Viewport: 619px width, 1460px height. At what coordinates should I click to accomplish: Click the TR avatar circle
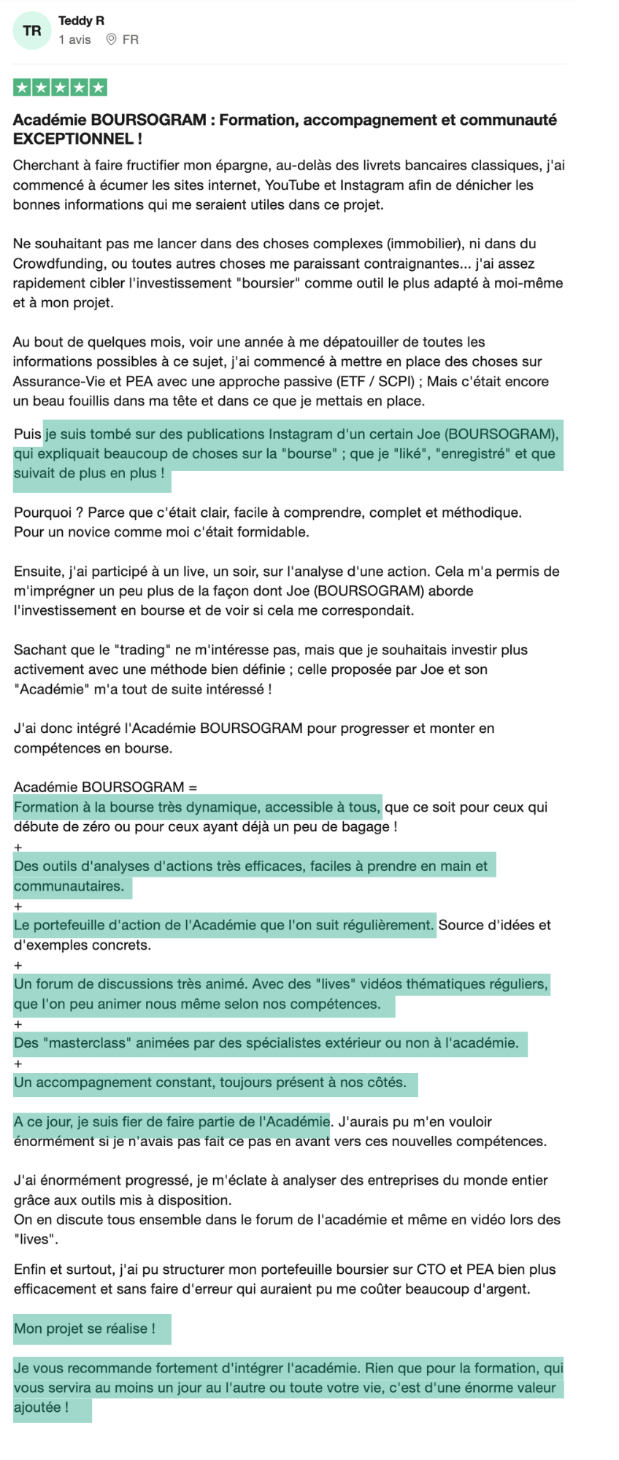point(32,31)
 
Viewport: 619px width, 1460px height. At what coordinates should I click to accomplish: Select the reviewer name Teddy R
point(81,20)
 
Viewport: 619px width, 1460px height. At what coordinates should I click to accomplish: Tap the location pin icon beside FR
point(112,39)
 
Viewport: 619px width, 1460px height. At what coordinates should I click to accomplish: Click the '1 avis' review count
point(74,39)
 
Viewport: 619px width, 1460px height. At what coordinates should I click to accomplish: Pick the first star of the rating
point(23,88)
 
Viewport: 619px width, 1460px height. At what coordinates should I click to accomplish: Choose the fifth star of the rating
point(99,88)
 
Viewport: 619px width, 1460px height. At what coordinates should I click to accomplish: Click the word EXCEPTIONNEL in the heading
point(73,139)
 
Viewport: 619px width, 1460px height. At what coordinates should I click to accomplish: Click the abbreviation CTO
point(430,1269)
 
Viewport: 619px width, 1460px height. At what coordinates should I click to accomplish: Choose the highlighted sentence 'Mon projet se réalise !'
point(85,1329)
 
